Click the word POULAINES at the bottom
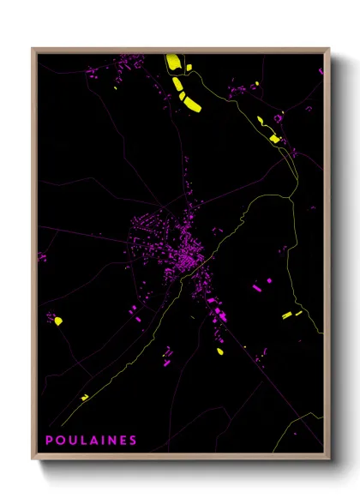[90, 441]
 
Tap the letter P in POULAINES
[49, 441]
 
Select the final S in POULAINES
[132, 441]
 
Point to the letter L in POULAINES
[81, 441]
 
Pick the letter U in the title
[69, 441]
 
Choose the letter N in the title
[111, 441]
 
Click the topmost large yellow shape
[172, 63]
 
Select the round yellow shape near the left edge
[58, 321]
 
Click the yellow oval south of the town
[219, 351]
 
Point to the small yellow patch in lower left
[84, 396]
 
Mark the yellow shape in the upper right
[273, 138]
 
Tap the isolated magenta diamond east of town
[268, 280]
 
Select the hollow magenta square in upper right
[278, 117]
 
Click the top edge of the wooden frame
[180, 50]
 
